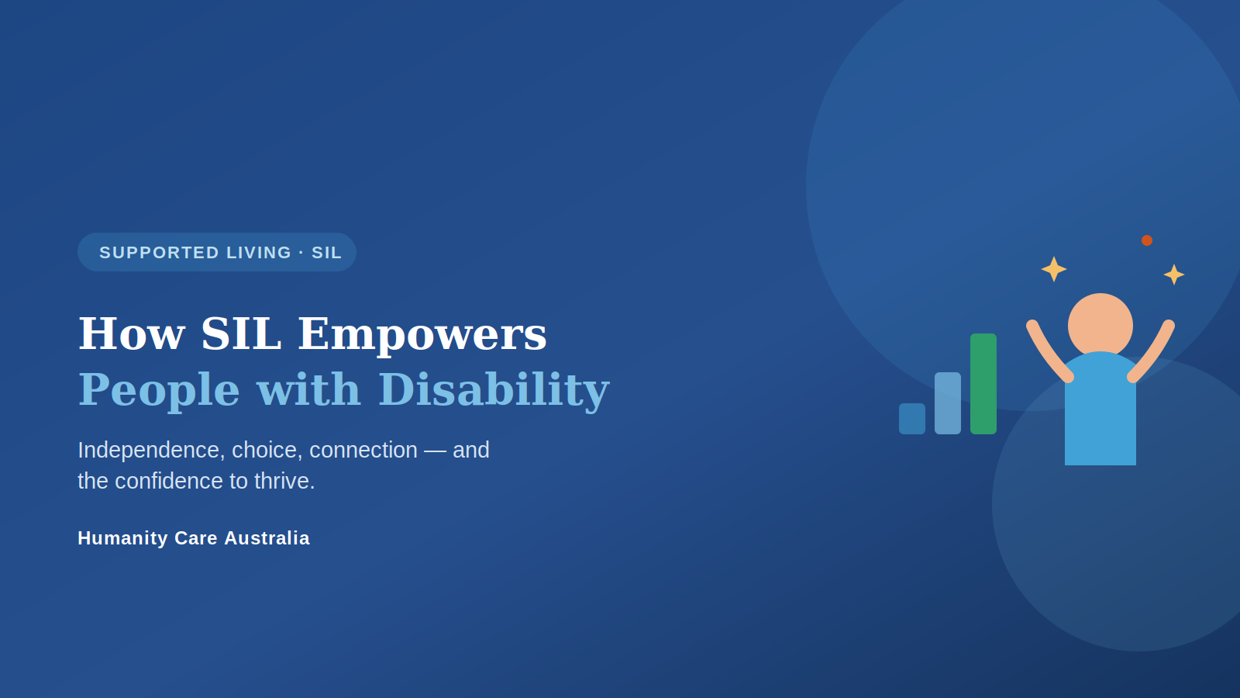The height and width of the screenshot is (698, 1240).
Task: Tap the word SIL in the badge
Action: pos(326,253)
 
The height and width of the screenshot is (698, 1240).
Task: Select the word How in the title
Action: pos(132,334)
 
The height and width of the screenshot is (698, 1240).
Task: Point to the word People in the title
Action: pos(160,391)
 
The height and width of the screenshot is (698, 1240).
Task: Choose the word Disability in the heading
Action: pos(494,391)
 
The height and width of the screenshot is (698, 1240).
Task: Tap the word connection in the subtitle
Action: pos(363,451)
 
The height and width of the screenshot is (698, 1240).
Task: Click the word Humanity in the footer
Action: pos(123,538)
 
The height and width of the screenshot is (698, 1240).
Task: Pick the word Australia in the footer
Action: pos(267,538)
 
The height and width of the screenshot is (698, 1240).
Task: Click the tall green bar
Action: pos(983,384)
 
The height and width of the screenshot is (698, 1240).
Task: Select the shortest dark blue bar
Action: pos(911,419)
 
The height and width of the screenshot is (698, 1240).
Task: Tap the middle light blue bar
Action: pos(948,403)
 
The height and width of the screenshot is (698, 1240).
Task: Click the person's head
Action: pos(1100,326)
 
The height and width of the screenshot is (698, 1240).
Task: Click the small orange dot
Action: pos(1147,240)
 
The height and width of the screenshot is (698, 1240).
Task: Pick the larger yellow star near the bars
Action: pos(1054,269)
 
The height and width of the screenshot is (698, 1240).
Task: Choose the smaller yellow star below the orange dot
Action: pos(1174,275)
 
